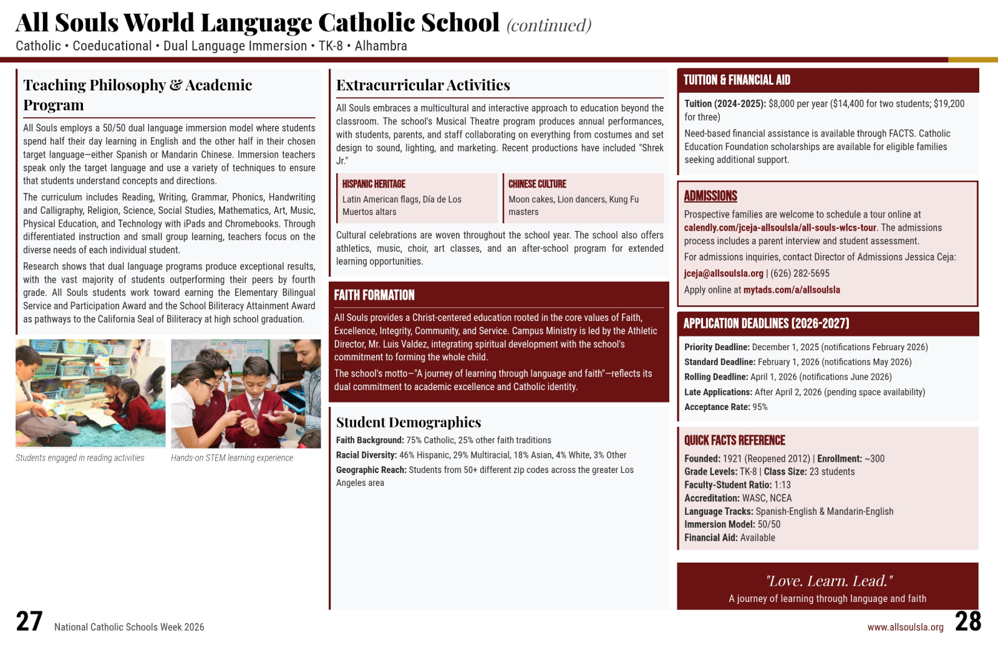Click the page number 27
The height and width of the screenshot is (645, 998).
(29, 621)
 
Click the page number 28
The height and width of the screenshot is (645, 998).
(968, 621)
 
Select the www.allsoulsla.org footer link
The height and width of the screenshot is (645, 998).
(905, 627)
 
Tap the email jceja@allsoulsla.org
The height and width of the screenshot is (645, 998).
(724, 273)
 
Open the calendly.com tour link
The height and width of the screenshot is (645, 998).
(780, 227)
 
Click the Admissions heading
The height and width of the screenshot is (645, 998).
(710, 196)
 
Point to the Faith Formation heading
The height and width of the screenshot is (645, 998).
(374, 295)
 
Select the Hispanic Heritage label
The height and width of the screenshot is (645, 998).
(374, 184)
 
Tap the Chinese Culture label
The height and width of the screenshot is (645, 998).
(537, 184)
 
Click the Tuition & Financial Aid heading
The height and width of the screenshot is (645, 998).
(737, 80)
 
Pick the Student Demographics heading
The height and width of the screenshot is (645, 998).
(409, 422)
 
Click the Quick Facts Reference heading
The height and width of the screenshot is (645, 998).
(735, 440)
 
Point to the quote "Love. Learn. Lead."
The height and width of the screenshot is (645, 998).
(828, 581)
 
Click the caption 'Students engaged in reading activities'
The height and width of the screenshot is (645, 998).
(80, 457)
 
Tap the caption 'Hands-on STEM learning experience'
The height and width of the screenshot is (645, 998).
(232, 457)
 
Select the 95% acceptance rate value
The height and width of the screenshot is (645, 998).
(760, 407)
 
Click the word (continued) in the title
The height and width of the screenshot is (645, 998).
(549, 25)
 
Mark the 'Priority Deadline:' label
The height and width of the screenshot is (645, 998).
(717, 347)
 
